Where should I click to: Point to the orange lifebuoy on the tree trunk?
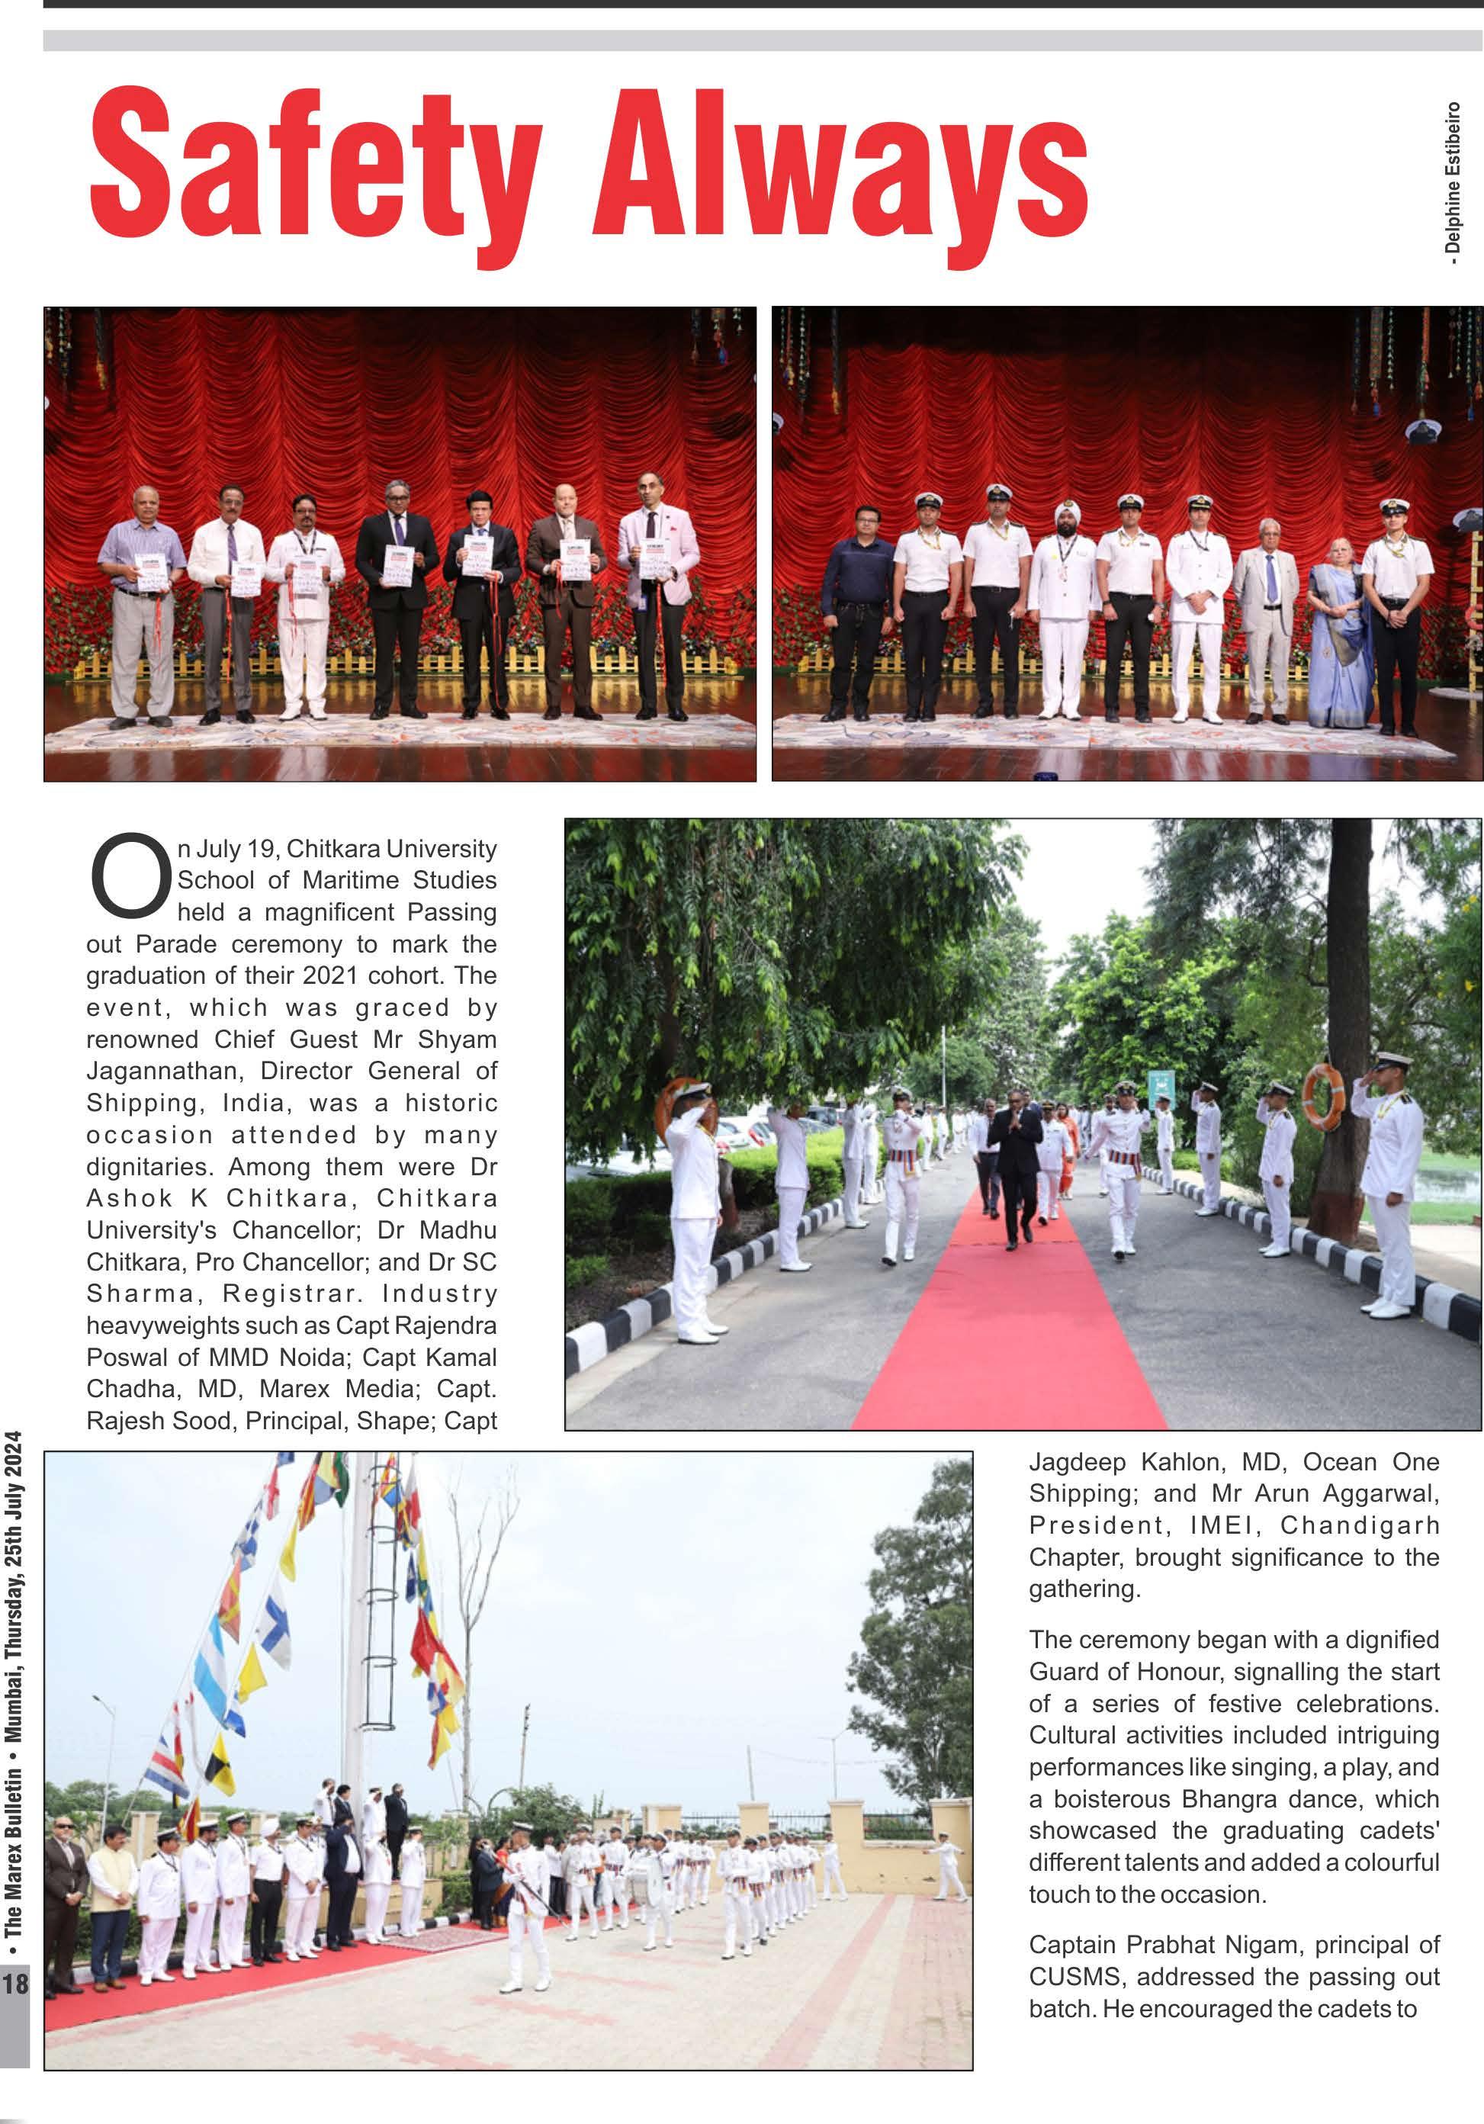pyautogui.click(x=1322, y=1095)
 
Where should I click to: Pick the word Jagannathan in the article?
pyautogui.click(x=165, y=1072)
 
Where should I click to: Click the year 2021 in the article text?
pyautogui.click(x=349, y=976)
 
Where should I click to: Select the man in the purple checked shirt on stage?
pyautogui.click(x=142, y=601)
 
